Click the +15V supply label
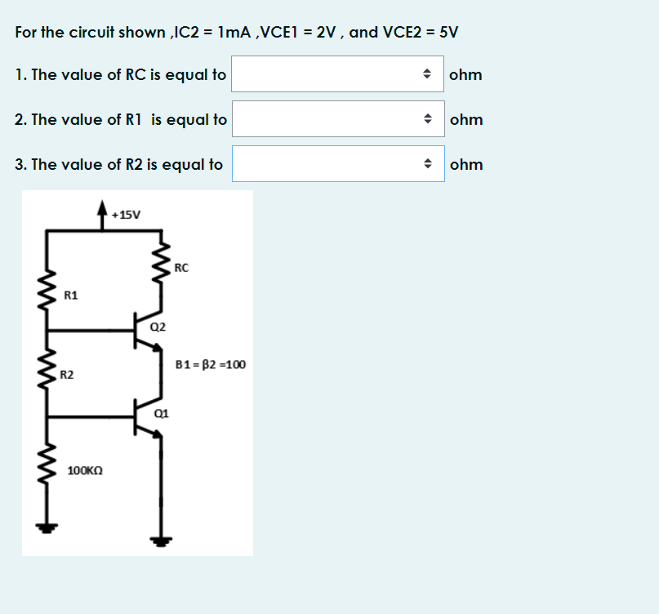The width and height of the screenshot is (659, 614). click(x=127, y=216)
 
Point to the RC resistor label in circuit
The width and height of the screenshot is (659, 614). click(x=181, y=267)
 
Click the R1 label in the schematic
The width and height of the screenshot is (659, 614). click(x=71, y=294)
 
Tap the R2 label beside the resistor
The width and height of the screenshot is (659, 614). click(x=67, y=375)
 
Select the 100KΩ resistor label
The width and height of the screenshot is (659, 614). click(x=85, y=471)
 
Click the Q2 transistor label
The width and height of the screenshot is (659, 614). click(x=158, y=327)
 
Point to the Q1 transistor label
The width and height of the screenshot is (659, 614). click(x=161, y=413)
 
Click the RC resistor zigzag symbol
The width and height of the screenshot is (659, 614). click(x=163, y=265)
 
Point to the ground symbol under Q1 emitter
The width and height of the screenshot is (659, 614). click(x=161, y=540)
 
